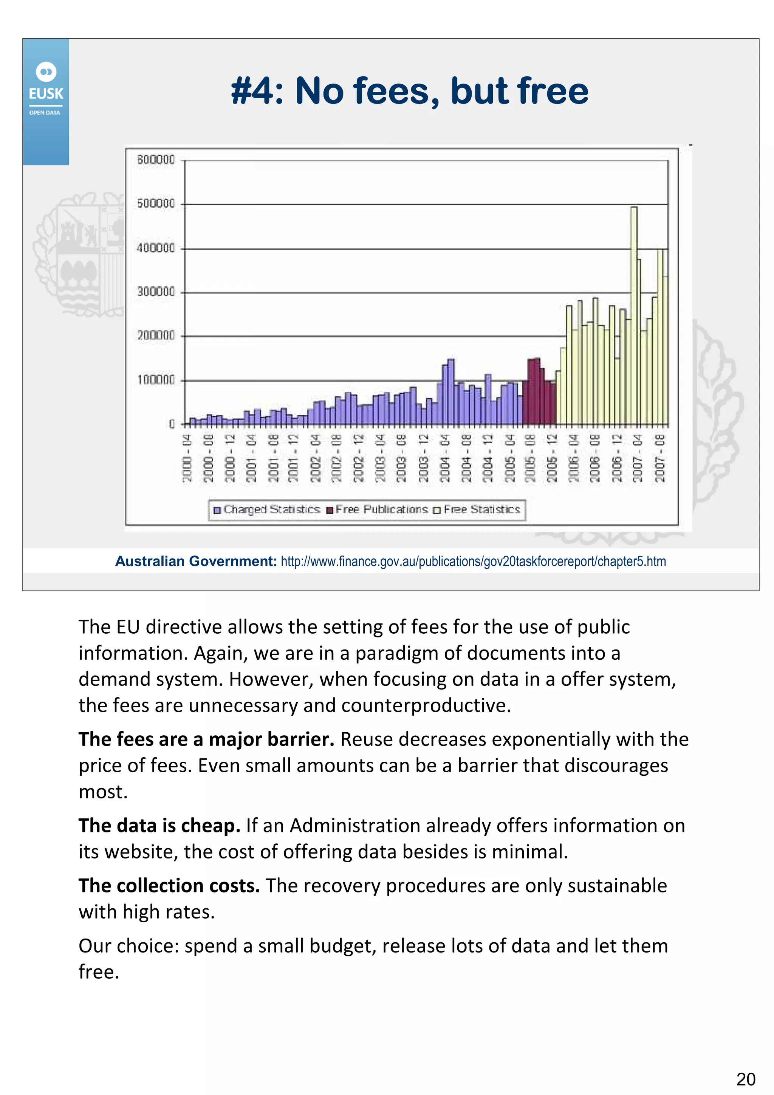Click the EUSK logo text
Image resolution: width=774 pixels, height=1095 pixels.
coord(46,93)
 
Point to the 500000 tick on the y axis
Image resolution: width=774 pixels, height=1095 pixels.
coord(156,204)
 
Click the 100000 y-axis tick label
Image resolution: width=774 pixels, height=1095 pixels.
coord(156,380)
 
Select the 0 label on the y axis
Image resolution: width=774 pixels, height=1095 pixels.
coord(172,424)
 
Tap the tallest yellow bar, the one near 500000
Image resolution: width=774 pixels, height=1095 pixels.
coord(634,315)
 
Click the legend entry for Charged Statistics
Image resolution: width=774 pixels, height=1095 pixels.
coord(267,509)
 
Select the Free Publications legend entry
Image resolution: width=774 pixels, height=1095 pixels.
coord(377,509)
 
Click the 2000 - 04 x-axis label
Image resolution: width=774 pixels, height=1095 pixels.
coord(187,458)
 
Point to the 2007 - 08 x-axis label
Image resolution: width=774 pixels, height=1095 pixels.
coord(660,458)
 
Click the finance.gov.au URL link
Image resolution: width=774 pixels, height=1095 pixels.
coord(473,561)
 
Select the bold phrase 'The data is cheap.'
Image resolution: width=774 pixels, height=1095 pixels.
coord(159,826)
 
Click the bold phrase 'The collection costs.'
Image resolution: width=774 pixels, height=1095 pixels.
coord(169,886)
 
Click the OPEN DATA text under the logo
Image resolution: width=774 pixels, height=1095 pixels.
coord(45,113)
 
